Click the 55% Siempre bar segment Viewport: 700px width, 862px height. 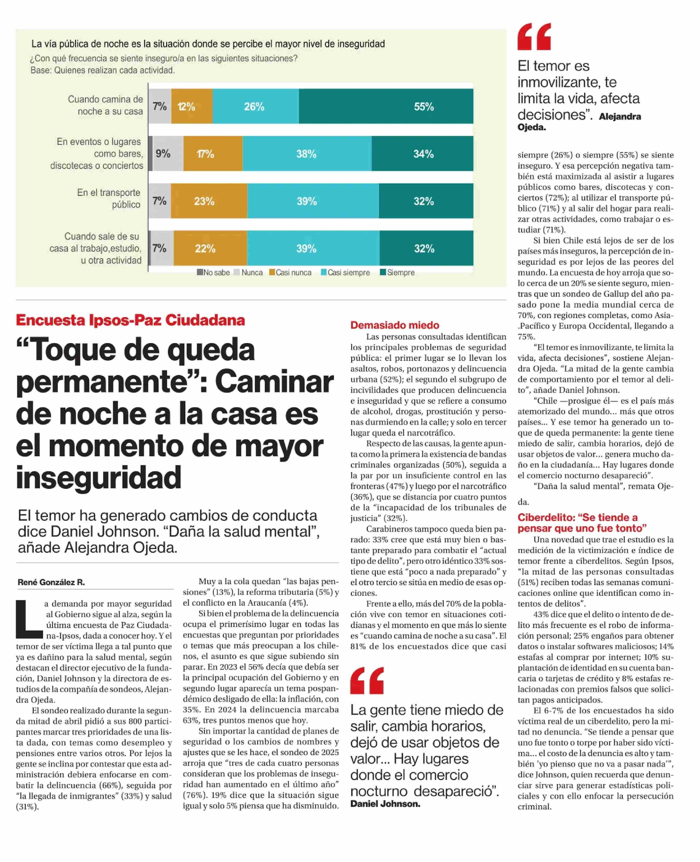386,106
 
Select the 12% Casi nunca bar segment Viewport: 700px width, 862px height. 192,106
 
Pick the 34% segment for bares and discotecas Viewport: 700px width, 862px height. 422,154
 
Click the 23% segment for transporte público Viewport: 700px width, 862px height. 209,201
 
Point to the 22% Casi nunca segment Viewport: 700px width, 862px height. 210,248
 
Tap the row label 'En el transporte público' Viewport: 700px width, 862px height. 109,198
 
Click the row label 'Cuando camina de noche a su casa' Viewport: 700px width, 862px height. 106,105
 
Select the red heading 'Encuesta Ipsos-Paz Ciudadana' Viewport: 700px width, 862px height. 130,320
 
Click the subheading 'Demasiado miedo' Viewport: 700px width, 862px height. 394,325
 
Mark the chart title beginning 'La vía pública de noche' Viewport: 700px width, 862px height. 208,44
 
